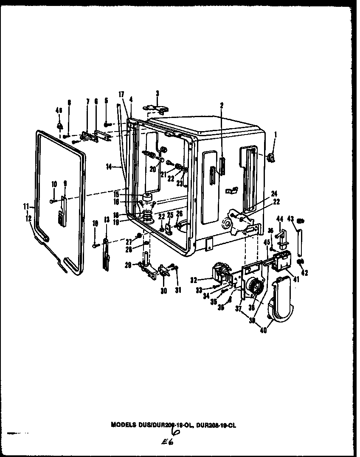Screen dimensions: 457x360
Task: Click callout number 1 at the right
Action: point(276,135)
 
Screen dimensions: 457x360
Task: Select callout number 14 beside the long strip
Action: point(109,167)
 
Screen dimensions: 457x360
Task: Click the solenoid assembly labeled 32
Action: point(220,274)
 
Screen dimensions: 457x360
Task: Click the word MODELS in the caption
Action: point(124,424)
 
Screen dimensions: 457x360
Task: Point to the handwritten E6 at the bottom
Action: point(167,442)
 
